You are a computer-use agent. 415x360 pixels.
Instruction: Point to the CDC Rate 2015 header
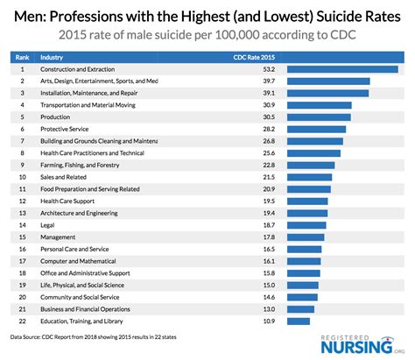coord(251,56)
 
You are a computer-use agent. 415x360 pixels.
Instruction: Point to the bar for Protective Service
coord(315,128)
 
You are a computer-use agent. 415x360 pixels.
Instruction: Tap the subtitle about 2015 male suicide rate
coord(207,34)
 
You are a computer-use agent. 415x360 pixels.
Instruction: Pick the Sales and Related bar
coord(309,176)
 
